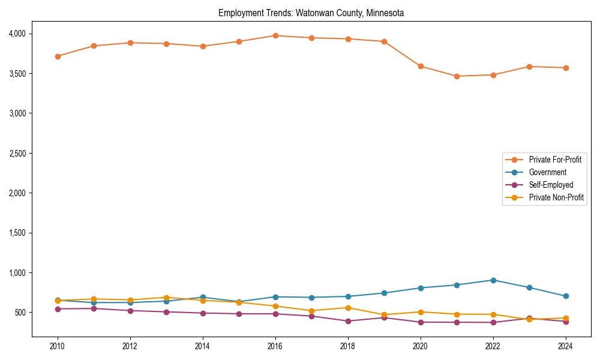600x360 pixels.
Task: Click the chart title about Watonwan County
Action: (311, 13)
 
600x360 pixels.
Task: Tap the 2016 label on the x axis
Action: (275, 346)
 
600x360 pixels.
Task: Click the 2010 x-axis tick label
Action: (58, 346)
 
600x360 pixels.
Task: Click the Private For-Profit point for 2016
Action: (275, 35)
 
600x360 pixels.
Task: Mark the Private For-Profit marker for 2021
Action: (457, 76)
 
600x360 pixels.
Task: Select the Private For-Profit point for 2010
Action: (58, 56)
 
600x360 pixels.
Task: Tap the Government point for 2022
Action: (493, 280)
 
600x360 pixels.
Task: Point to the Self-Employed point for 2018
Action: (348, 321)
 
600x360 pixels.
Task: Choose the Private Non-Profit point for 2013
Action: (166, 298)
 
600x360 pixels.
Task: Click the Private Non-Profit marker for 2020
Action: (421, 312)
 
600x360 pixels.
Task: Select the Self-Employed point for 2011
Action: (94, 308)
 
